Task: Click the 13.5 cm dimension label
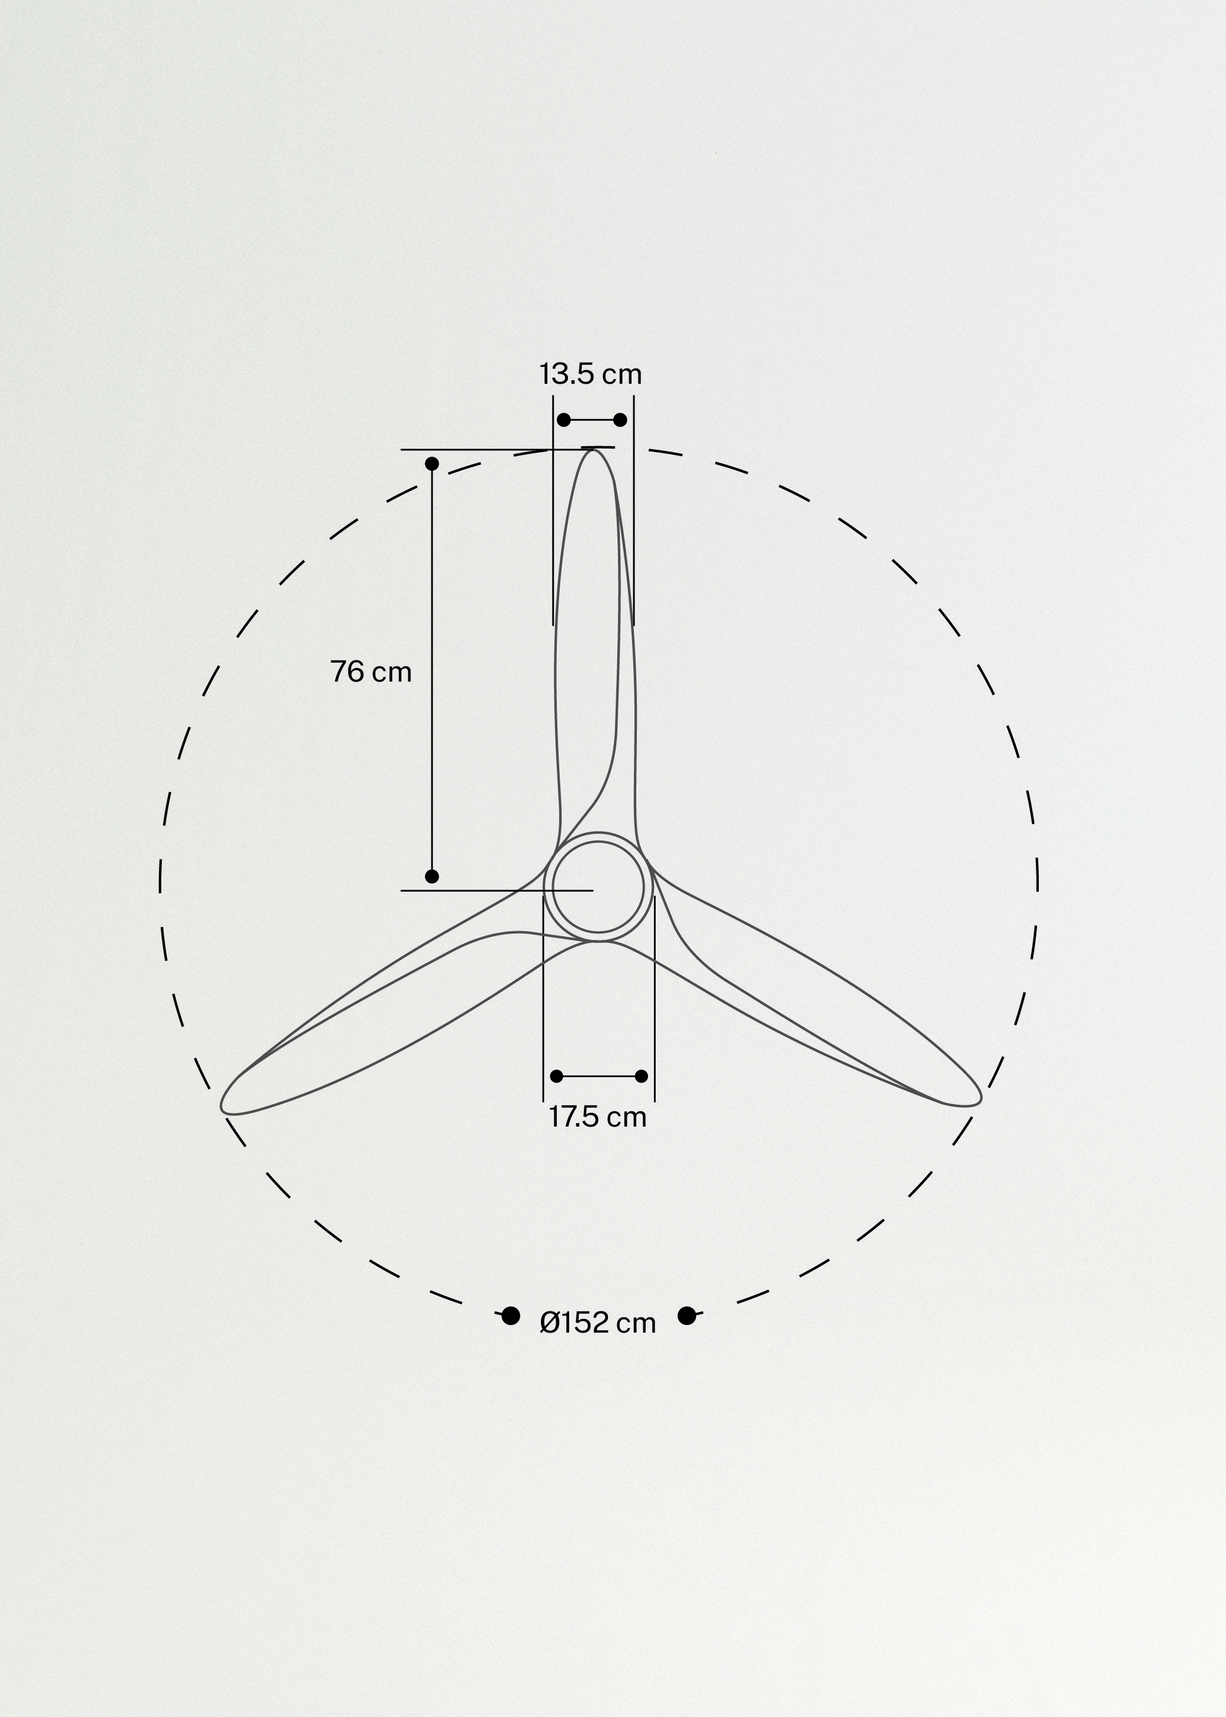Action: (x=590, y=374)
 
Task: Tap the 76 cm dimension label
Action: (x=371, y=671)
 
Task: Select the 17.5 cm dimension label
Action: (x=597, y=1117)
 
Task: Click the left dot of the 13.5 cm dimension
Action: (x=563, y=420)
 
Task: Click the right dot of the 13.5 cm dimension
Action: (x=620, y=420)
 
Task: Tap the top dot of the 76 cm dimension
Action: (x=432, y=464)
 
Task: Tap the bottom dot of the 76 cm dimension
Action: (x=432, y=876)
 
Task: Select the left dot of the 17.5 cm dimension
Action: (x=556, y=1076)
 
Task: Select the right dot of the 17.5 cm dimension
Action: (x=642, y=1076)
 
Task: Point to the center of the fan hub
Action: (x=598, y=887)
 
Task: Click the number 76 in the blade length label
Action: (x=347, y=671)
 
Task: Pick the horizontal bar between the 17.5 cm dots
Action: (x=599, y=1076)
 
